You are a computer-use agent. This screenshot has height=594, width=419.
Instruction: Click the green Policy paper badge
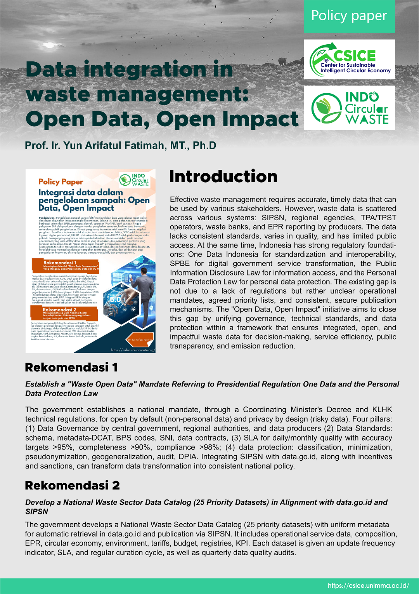click(349, 16)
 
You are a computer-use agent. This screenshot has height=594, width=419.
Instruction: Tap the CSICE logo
click(350, 59)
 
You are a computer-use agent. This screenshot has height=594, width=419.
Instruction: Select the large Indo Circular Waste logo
click(350, 108)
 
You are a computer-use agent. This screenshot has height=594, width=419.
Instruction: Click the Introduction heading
click(223, 177)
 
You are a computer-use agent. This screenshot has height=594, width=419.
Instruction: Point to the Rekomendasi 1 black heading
click(71, 367)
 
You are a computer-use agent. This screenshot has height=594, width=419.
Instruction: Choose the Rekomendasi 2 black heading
click(72, 485)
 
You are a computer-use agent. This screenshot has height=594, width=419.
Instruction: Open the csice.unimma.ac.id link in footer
click(368, 586)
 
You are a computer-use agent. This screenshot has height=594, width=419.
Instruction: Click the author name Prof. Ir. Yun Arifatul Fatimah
click(120, 146)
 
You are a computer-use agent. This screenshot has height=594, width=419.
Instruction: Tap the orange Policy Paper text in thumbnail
click(61, 181)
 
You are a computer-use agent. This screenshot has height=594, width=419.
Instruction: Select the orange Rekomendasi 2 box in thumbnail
click(64, 313)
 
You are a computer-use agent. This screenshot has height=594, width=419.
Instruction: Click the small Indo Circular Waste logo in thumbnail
click(134, 180)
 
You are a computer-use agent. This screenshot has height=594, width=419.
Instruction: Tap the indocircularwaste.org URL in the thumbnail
click(133, 350)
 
